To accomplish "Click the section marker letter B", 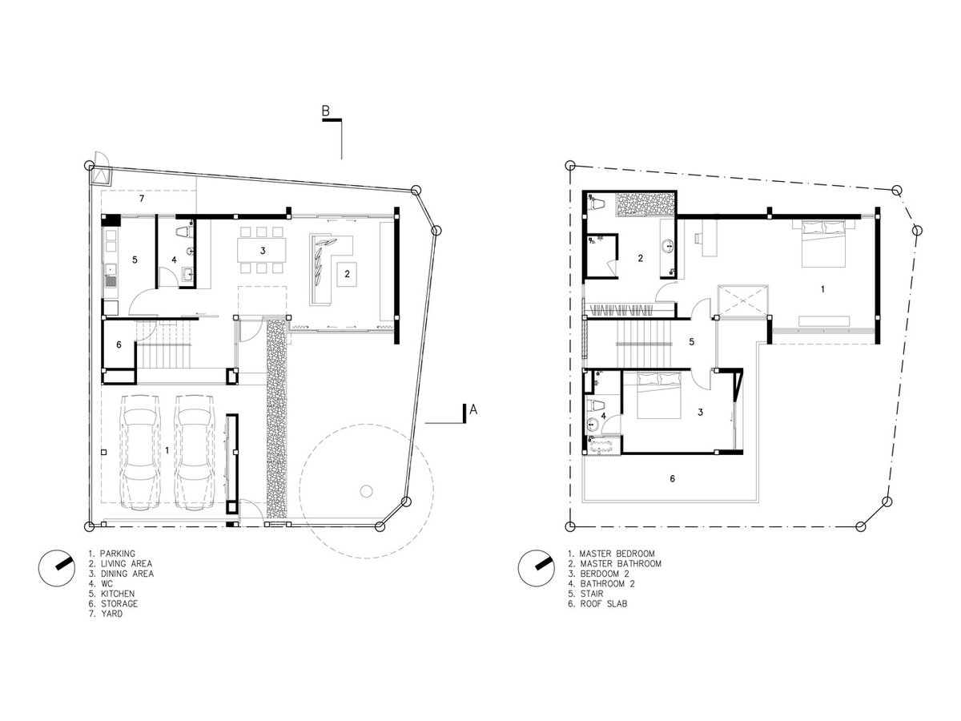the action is [x=325, y=111].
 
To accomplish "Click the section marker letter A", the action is [x=472, y=409].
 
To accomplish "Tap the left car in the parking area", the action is [x=141, y=452].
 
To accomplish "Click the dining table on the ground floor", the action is [x=261, y=250].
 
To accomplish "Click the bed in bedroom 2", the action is [x=659, y=395].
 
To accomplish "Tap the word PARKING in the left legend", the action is [x=118, y=554].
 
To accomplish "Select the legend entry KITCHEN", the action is [x=118, y=594].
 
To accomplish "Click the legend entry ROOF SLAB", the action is [x=603, y=604].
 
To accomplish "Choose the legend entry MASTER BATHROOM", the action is [x=621, y=564].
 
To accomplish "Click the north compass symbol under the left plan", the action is [x=57, y=568].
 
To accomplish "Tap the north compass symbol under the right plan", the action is [x=537, y=568].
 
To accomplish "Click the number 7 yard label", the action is [x=142, y=199].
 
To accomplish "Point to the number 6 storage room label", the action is [x=119, y=345].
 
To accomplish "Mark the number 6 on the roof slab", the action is [x=672, y=478].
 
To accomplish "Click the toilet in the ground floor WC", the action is [x=184, y=232].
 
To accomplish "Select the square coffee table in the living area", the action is [x=347, y=275].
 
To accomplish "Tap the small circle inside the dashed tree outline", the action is [x=366, y=491].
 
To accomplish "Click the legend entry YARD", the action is [x=111, y=614].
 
